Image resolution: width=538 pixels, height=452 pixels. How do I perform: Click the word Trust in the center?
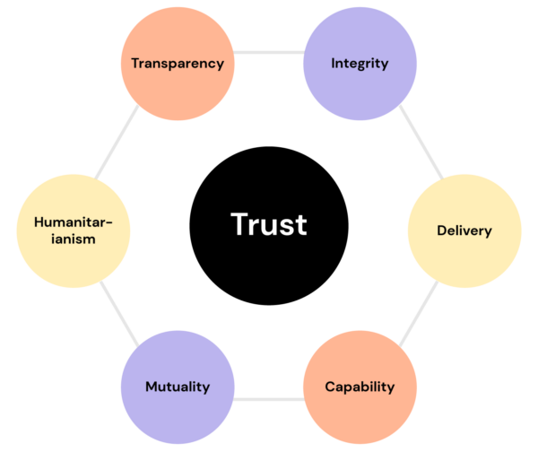[269, 224]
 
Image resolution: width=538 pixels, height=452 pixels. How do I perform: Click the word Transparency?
[177, 64]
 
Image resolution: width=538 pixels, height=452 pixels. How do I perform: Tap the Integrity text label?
[360, 64]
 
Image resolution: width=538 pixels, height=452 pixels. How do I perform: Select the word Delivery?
[464, 230]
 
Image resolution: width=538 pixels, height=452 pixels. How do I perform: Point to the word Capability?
[360, 387]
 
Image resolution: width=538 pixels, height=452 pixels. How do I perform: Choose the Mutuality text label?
[178, 387]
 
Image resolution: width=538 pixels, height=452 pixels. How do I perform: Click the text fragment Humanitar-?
[74, 222]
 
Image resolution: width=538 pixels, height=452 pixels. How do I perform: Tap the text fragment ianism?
[74, 239]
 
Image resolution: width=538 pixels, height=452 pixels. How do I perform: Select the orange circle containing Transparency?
[177, 85]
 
